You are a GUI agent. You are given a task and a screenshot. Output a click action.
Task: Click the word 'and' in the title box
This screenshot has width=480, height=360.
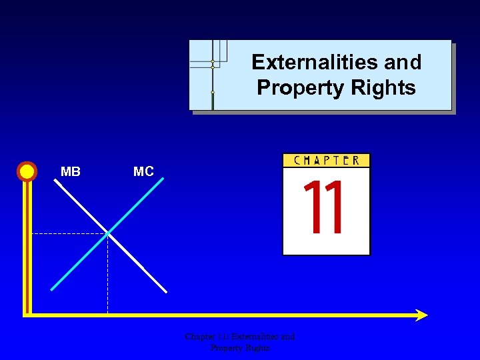pos(402,62)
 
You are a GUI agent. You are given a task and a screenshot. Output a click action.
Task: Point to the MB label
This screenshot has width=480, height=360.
pos(71,172)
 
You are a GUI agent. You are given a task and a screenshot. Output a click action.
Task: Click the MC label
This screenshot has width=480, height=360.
pos(143,172)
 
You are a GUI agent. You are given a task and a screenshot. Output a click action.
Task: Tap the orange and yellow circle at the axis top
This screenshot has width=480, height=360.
pos(27,171)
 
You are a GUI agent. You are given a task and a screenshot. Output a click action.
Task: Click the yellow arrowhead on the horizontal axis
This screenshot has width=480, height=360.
pos(421,315)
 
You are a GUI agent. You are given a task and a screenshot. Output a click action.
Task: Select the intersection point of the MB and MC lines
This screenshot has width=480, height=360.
pos(108,233)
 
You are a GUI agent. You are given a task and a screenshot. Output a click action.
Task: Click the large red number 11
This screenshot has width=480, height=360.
pos(325,208)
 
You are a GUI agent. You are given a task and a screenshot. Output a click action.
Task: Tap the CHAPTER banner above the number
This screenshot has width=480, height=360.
pos(326,160)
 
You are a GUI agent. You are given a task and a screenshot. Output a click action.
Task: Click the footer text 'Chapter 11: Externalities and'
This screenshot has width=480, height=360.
pos(240,337)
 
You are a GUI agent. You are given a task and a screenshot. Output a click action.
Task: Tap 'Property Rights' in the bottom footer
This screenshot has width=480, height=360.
pos(240,347)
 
